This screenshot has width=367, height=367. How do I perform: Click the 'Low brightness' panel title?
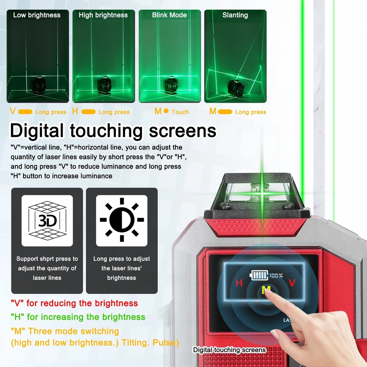37,15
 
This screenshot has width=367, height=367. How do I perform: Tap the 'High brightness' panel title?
103,15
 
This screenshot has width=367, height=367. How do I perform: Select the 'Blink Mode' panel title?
170,15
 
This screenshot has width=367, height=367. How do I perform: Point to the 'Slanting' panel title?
235,15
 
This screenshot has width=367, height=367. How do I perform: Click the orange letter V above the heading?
12,111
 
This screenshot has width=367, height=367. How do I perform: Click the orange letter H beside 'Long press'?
75,111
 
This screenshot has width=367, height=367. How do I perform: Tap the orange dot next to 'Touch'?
166,111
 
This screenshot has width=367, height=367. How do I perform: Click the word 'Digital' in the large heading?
37,131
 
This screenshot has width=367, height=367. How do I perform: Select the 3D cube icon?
47,221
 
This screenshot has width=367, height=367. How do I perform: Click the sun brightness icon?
122,220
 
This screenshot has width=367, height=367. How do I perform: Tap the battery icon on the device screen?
259,275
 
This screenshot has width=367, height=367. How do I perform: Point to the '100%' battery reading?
276,276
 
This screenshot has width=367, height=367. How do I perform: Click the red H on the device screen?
239,283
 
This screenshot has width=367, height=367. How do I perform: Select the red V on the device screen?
292,283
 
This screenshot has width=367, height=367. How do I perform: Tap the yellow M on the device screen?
266,290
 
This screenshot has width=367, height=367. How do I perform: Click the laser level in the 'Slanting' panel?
236,88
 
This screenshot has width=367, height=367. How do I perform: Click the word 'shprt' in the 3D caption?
47,259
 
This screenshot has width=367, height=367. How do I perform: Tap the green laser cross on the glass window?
262,193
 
